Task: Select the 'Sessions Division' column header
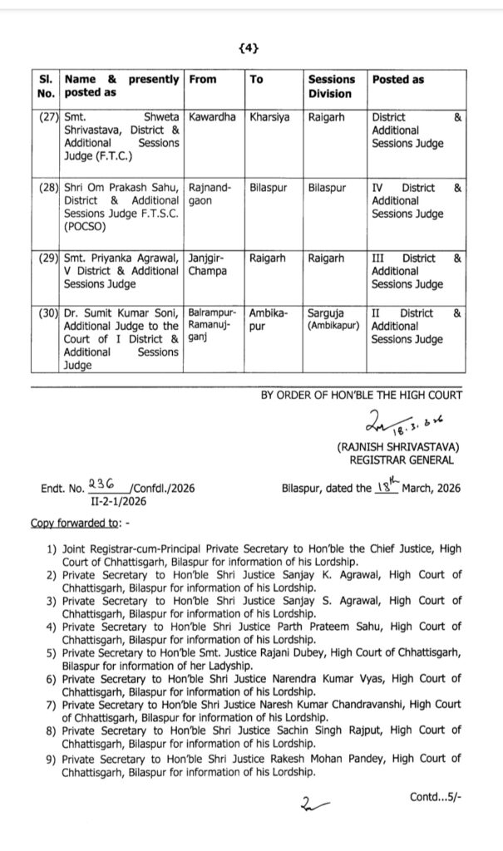click(x=331, y=86)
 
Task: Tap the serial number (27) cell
click(x=47, y=118)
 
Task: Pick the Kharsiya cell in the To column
click(x=269, y=118)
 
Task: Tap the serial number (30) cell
click(x=47, y=312)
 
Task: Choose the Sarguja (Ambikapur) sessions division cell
click(x=333, y=319)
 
